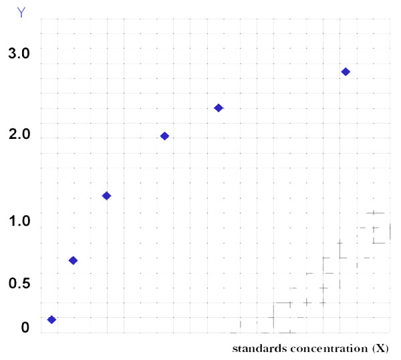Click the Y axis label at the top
pos(23,12)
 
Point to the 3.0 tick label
pos(19,54)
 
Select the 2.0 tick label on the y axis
pos(19,135)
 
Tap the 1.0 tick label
pos(19,221)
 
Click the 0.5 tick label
pos(19,285)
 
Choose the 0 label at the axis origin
pos(25,327)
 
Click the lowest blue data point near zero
pos(51,319)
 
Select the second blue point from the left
pos(74,260)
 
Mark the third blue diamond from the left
pos(106,196)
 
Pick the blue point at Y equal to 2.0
pos(164,136)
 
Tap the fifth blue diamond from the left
pos(219,108)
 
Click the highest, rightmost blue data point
pos(346,71)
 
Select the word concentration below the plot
pos(327,349)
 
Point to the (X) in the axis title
pos(381,349)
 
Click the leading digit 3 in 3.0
pos(12,54)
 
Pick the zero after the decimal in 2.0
pos(26,135)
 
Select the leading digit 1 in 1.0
pos(12,221)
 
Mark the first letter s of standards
pos(235,350)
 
